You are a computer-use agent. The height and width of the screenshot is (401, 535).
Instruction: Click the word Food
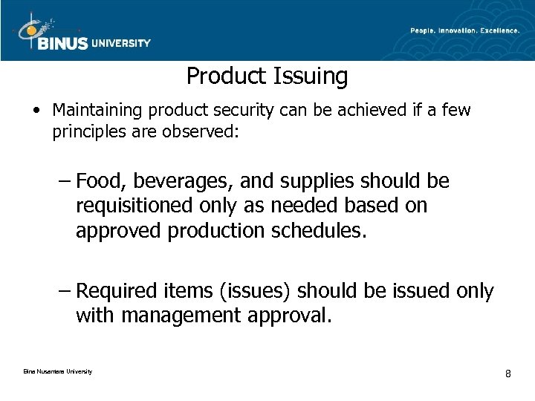pyautogui.click(x=99, y=182)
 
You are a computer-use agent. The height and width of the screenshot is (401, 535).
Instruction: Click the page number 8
pyautogui.click(x=508, y=373)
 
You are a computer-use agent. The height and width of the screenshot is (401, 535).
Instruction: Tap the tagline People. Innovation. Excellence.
pyautogui.click(x=464, y=30)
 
